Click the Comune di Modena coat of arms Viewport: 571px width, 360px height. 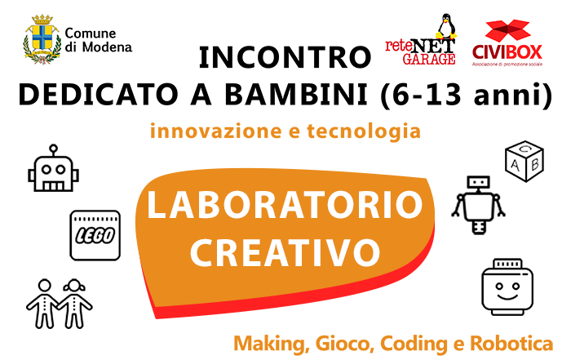[42, 39]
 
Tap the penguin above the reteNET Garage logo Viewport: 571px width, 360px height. [446, 26]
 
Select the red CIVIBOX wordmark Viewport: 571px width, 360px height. [507, 52]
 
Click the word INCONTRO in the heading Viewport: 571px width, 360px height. [285, 58]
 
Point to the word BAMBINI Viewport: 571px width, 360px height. [295, 94]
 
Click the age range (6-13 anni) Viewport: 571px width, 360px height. [466, 95]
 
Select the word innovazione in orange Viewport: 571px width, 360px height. [216, 131]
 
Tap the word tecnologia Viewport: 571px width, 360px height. [364, 131]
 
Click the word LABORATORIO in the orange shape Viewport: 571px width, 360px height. [285, 205]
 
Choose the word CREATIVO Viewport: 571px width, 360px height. [285, 252]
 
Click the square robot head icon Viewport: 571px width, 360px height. [54, 168]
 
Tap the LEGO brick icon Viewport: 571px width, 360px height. [95, 235]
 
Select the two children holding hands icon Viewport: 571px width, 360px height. [59, 304]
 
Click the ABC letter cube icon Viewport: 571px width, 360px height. [525, 161]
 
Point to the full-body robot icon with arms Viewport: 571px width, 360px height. [478, 205]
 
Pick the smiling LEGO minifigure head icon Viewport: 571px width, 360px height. [507, 287]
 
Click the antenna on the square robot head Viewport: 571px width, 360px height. [54, 150]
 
